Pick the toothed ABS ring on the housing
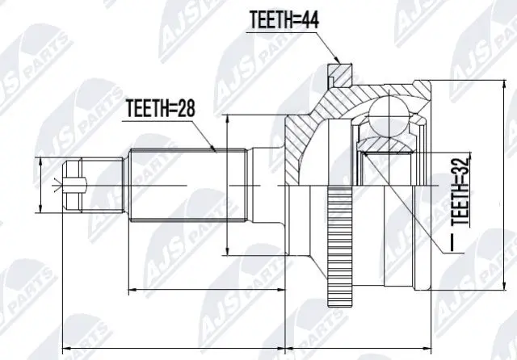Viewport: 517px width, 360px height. point(335,246)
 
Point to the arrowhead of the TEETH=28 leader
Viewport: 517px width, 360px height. point(214,150)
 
